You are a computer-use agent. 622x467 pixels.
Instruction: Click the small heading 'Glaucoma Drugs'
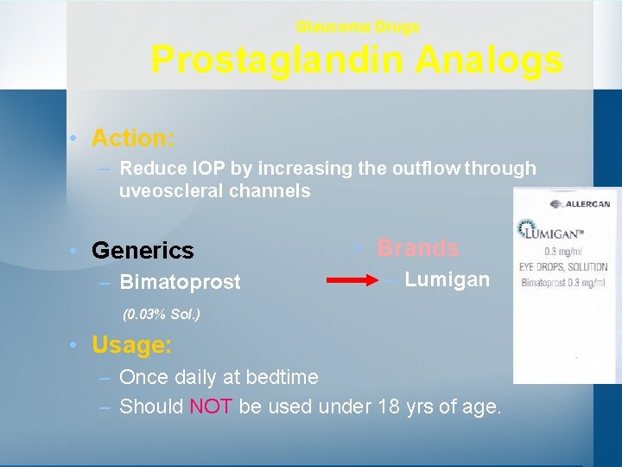(357, 27)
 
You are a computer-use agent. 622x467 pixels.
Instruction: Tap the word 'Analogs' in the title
(489, 61)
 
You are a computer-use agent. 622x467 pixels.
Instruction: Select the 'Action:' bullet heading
(133, 138)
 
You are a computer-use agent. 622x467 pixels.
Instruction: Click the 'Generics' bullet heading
(142, 251)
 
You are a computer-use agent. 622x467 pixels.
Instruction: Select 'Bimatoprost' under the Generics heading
(180, 283)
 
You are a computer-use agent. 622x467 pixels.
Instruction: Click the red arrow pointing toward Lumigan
(356, 280)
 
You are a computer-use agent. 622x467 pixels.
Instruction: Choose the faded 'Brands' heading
(417, 248)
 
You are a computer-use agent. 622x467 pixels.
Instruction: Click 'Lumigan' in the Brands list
(447, 279)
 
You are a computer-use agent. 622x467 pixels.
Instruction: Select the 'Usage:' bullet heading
(131, 345)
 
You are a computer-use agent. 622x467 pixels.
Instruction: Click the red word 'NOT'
(210, 406)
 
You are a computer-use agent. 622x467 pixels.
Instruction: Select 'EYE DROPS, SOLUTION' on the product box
(562, 267)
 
